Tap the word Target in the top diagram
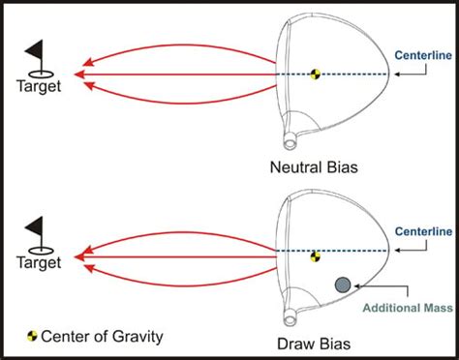click(40, 86)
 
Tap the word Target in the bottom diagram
click(40, 262)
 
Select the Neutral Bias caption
click(313, 167)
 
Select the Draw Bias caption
click(313, 344)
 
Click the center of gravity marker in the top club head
click(315, 75)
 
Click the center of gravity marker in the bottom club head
click(315, 256)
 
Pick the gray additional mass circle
click(342, 285)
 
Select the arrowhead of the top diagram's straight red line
click(81, 75)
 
